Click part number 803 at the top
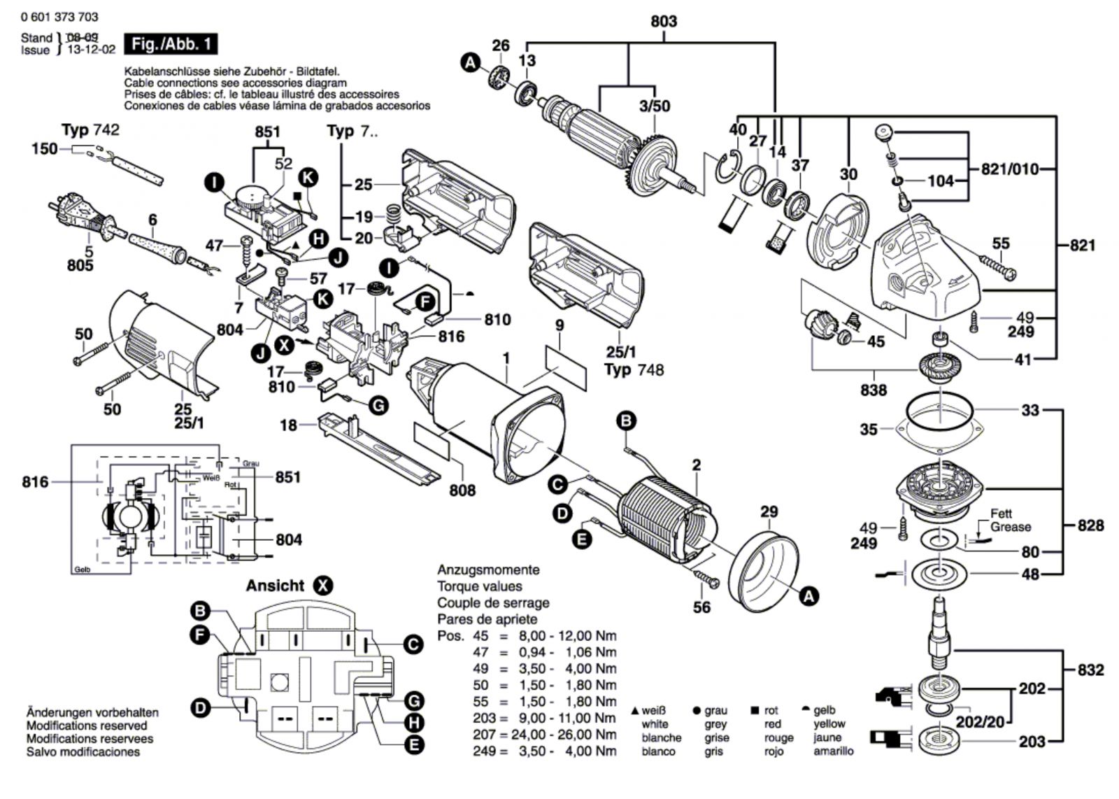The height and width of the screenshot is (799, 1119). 663,21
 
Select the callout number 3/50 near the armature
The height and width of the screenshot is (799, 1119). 655,106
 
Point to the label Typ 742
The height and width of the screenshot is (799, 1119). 90,130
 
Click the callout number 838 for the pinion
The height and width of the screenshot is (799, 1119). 874,390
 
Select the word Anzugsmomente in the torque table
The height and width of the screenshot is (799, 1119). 488,570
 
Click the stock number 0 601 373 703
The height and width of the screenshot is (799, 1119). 59,17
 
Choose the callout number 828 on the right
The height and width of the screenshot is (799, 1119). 1090,525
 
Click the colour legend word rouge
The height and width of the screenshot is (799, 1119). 778,737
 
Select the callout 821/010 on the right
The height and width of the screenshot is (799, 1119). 1009,169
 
